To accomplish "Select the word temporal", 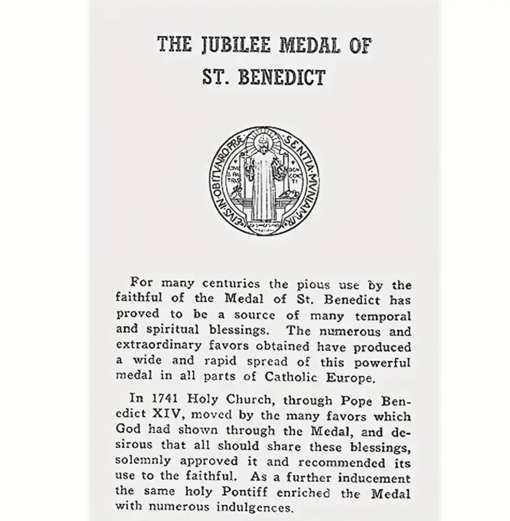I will (382, 316).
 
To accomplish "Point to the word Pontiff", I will (244, 492).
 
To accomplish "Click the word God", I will (126, 429).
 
